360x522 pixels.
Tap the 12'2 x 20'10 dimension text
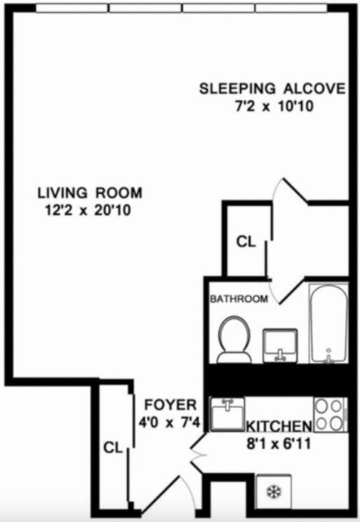click(x=88, y=211)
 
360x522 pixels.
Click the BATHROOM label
click(x=238, y=299)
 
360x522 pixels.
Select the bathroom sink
click(x=279, y=345)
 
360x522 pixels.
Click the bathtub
click(x=328, y=323)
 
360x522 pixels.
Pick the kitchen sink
click(x=227, y=413)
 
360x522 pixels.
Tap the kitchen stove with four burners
click(x=330, y=413)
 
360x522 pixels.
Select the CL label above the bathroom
click(x=246, y=242)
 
